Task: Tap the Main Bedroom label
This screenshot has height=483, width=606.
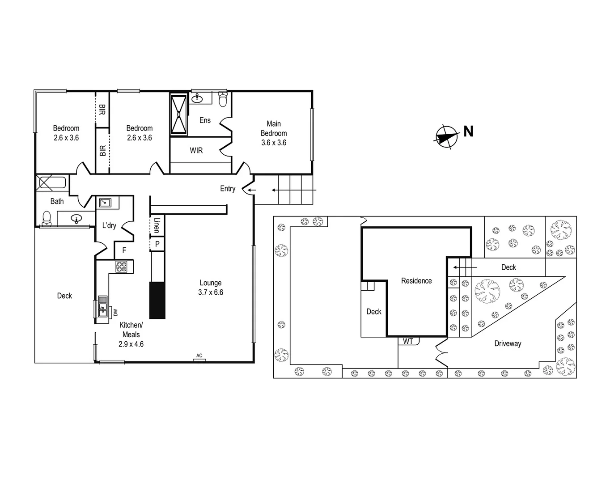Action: point(274,128)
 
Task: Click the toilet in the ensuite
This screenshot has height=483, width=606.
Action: point(223,99)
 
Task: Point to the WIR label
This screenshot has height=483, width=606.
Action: point(196,151)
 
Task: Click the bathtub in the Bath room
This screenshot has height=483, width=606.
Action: point(51,182)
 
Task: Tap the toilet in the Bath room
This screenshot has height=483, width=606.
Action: point(46,218)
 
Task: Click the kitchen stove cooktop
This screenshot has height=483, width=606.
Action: point(122,267)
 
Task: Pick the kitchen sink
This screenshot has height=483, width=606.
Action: point(103,306)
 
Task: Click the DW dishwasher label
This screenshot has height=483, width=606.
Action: point(115,312)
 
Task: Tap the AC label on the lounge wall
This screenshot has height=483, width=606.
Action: point(199,356)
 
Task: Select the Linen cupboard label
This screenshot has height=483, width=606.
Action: point(157,225)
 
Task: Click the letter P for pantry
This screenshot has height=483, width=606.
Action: point(157,244)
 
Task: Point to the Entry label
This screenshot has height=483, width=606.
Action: point(228,189)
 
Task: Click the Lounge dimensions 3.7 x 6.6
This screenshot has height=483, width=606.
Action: point(211,292)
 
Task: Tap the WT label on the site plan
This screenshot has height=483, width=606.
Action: point(408,341)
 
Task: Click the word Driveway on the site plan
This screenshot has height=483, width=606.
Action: point(508,343)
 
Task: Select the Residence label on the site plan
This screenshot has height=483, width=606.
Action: point(416,281)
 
